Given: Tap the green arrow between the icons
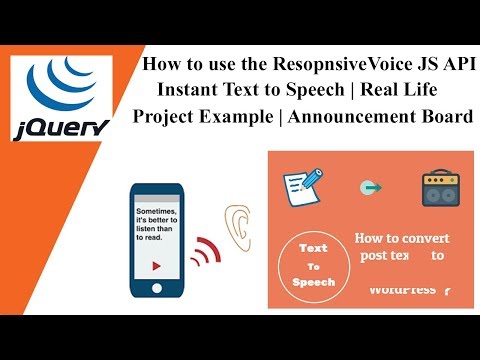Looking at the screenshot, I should click(373, 187).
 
